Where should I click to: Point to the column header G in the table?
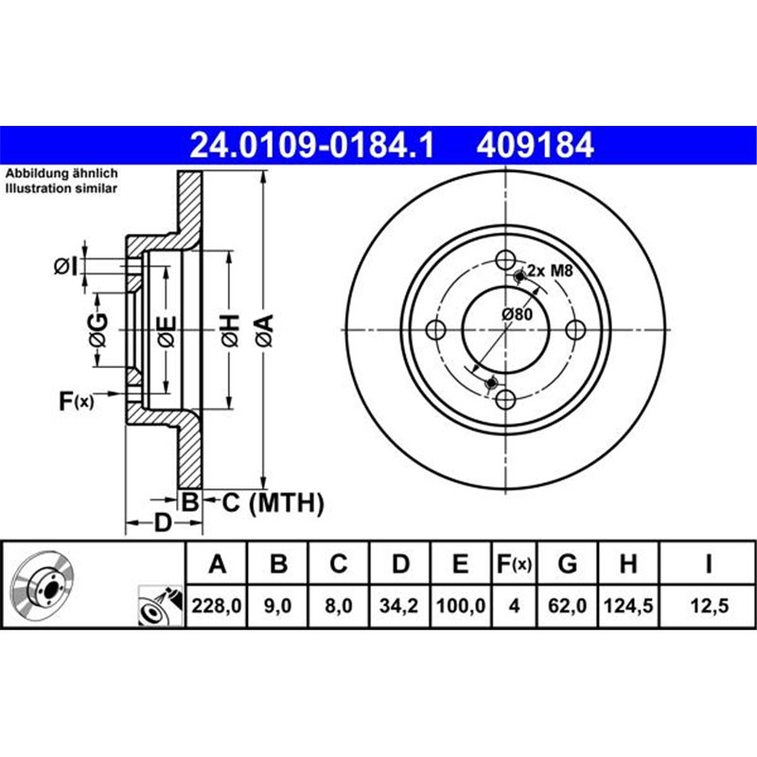click(x=568, y=565)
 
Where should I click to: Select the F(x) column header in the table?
click(x=515, y=565)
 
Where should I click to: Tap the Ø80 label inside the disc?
click(x=517, y=314)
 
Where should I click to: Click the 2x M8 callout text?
click(x=551, y=271)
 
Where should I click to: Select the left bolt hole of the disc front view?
click(x=436, y=329)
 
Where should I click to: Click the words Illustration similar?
click(x=62, y=189)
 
